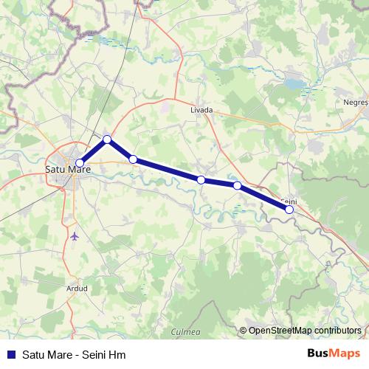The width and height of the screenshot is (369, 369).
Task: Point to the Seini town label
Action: tap(289, 201)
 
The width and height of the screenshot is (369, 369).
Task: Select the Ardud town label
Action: tap(76, 288)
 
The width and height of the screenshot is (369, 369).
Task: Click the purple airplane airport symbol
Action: tap(76, 236)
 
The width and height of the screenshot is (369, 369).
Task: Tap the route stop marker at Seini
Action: tap(289, 210)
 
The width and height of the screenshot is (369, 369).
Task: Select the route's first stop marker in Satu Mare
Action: tap(80, 164)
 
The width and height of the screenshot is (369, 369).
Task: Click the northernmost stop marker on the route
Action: tap(107, 139)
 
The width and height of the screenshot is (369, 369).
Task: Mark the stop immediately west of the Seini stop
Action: tap(237, 186)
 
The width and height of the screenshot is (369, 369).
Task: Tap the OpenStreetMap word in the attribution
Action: tap(280, 331)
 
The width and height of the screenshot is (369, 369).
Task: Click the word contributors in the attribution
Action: tap(337, 331)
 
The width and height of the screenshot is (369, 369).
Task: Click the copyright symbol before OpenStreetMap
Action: tap(243, 331)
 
